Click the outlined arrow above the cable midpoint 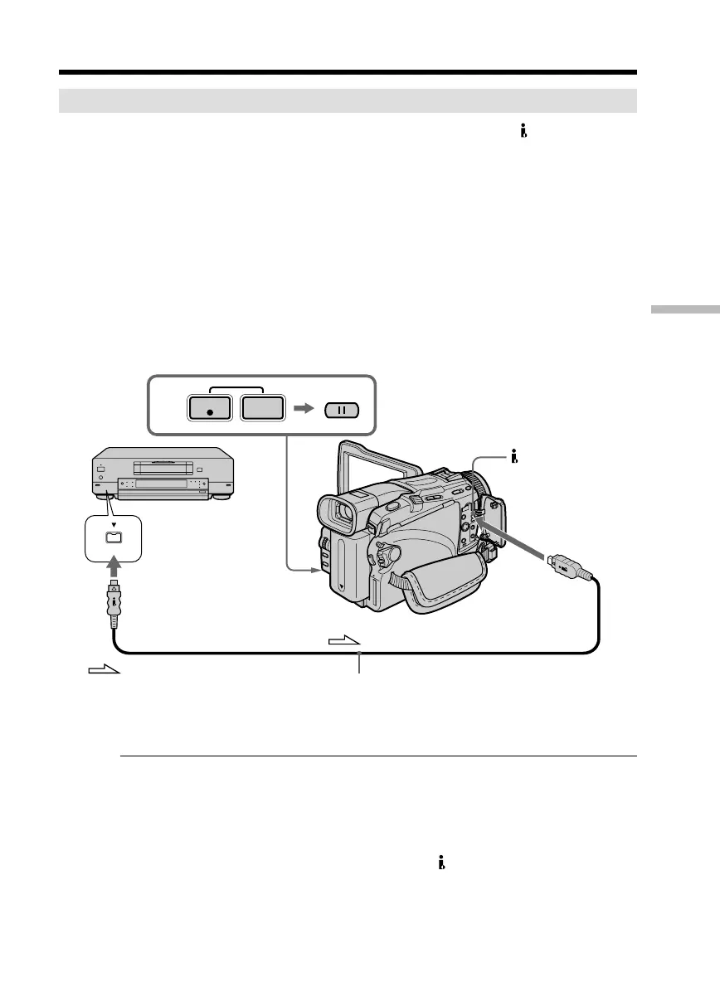click(x=346, y=639)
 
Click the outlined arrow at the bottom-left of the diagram click(x=105, y=669)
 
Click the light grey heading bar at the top click(x=348, y=101)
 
